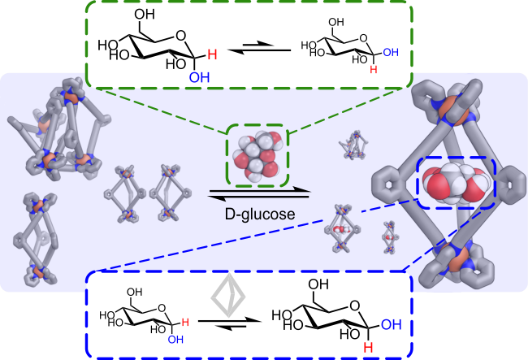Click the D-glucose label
260,215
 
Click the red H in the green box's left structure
212,54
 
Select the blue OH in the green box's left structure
199,77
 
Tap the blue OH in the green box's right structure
391,52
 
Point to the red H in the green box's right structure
374,69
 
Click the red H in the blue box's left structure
185,323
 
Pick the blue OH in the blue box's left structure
175,339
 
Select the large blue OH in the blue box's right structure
392,324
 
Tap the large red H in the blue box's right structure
368,348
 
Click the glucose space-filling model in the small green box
258,155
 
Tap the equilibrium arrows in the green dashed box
259,48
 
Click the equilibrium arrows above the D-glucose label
259,193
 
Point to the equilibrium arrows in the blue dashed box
230,323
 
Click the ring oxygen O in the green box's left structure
181,36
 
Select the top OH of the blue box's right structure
318,285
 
